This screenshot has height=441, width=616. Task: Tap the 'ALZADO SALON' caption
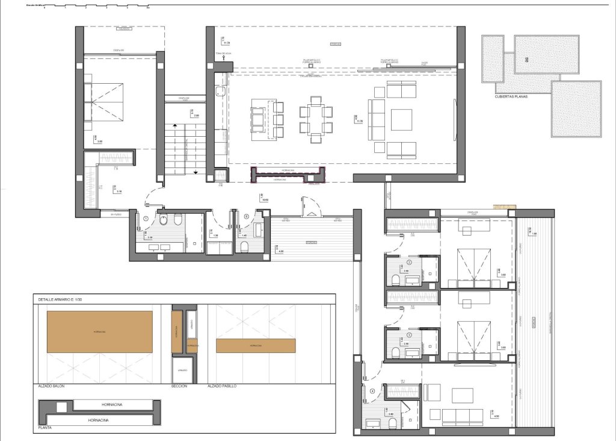[x=52, y=386]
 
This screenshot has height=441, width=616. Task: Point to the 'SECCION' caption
[x=180, y=386]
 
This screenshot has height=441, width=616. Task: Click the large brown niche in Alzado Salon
[x=99, y=332]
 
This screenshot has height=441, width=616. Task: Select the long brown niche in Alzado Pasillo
[x=256, y=346]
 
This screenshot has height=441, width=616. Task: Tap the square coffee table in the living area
[x=401, y=119]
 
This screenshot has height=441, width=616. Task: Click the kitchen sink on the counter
[x=221, y=92]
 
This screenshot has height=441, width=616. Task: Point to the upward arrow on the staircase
[x=175, y=125]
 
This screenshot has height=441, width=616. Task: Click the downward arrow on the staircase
[x=196, y=172]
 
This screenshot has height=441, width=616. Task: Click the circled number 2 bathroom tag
[x=409, y=263]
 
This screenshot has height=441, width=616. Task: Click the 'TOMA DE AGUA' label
[x=224, y=54]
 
